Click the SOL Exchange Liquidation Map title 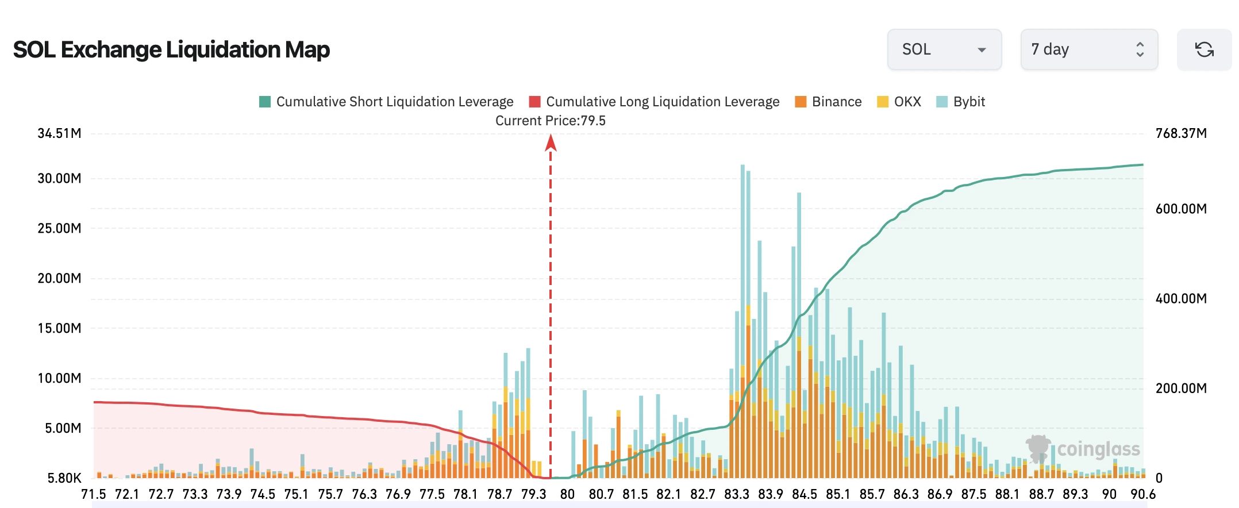point(171,50)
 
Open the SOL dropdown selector point(944,49)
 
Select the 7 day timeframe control point(1089,49)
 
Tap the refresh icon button point(1205,49)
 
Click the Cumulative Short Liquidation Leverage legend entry point(386,102)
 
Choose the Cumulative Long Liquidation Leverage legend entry point(655,102)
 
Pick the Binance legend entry point(828,102)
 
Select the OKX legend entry point(899,102)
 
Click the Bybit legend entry point(960,102)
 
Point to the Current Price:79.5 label point(551,121)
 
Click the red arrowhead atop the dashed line point(551,142)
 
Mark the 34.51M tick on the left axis point(59,133)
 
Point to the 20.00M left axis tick point(59,278)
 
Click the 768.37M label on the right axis point(1181,133)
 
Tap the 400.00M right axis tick point(1181,298)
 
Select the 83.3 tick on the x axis point(736,494)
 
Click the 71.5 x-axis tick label point(94,494)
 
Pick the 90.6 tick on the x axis point(1143,494)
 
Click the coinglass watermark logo point(1083,449)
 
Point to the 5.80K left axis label point(64,478)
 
